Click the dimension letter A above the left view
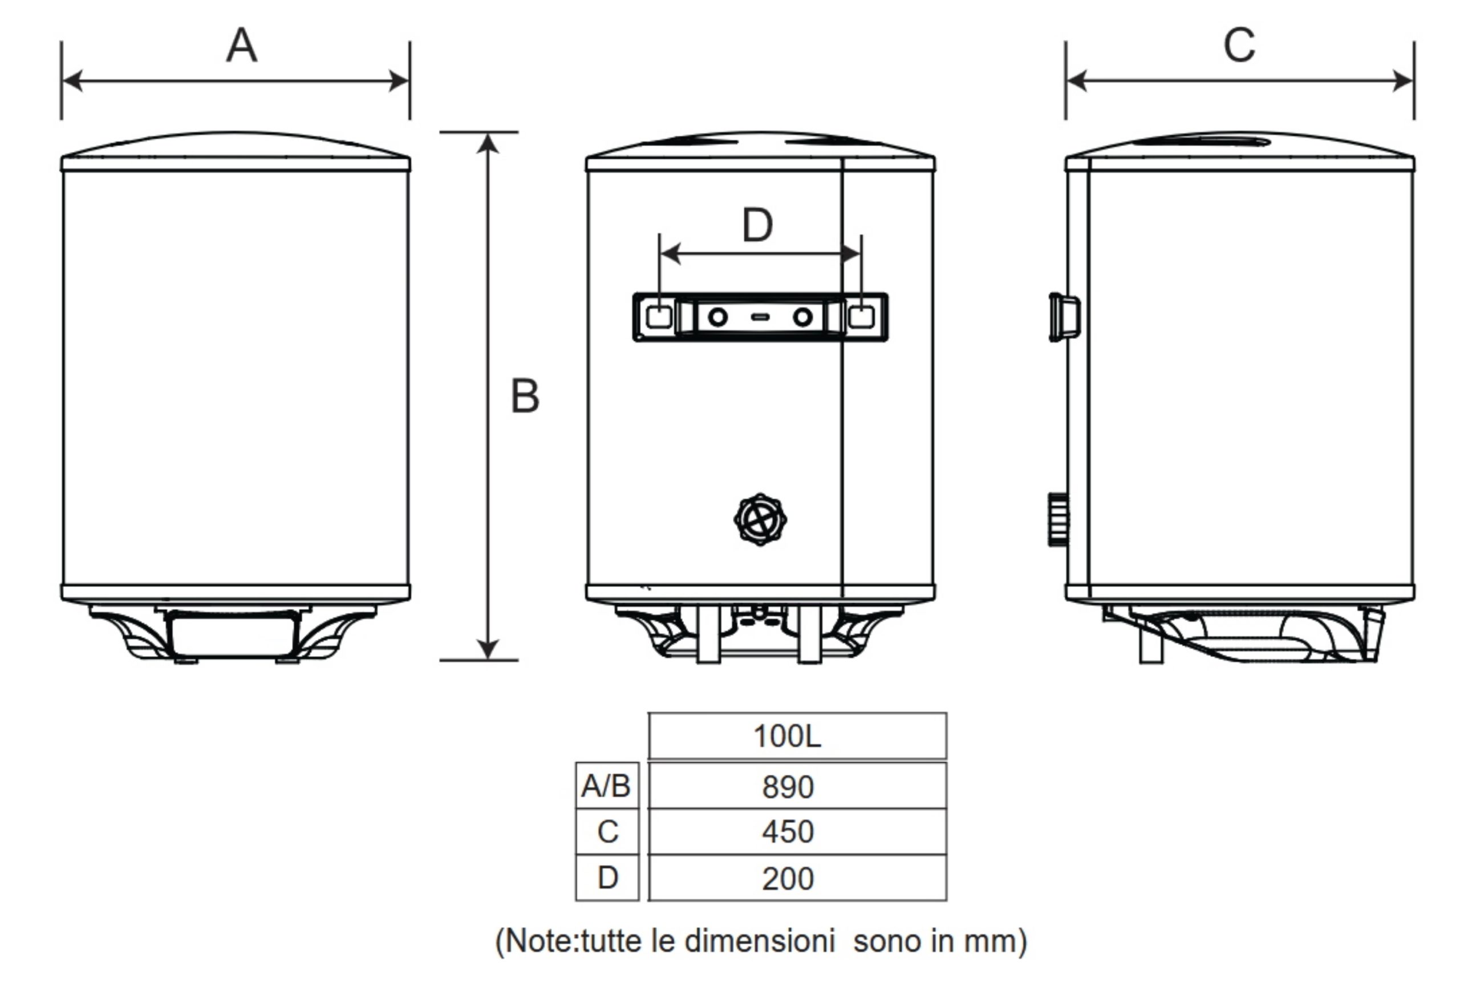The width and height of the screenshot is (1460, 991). [242, 45]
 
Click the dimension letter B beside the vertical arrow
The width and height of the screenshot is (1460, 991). [525, 396]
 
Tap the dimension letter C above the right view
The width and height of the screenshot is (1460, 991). [1239, 45]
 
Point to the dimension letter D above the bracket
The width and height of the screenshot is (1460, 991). [757, 225]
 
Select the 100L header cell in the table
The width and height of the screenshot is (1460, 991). [787, 736]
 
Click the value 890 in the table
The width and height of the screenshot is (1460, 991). [788, 787]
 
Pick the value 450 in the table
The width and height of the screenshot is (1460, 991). [788, 831]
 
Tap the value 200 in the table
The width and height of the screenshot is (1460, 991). [788, 879]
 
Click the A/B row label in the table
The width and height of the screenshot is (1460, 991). [606, 786]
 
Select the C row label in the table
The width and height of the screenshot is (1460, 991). [608, 831]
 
